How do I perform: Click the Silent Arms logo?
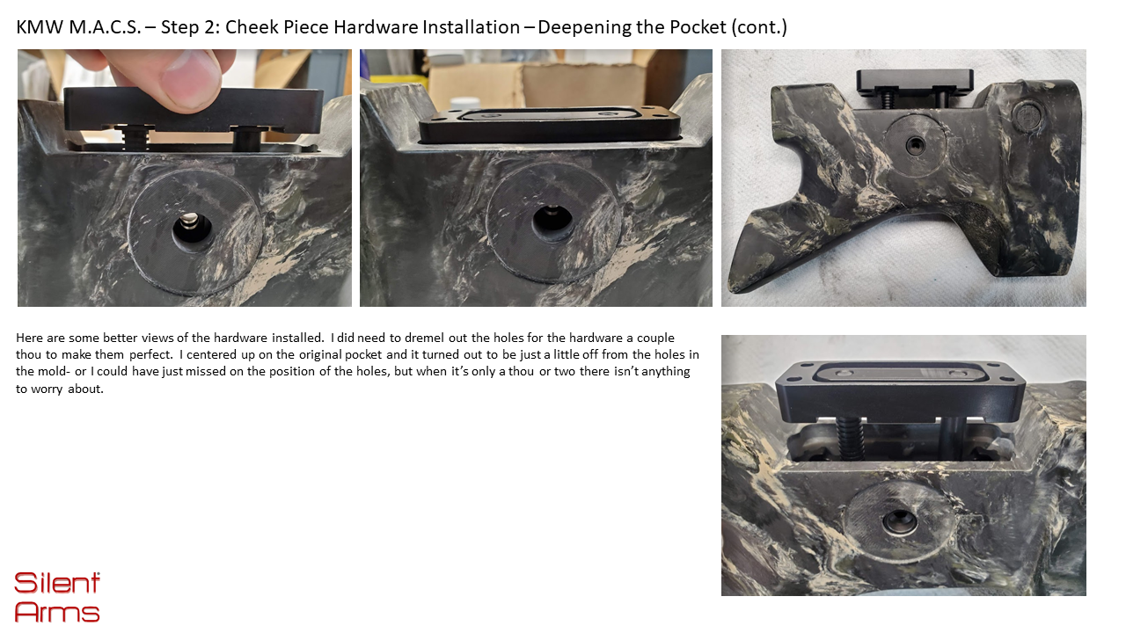coord(57,597)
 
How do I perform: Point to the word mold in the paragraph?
coord(49,371)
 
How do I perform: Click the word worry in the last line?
coord(47,389)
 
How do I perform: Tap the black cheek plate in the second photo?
coord(549,124)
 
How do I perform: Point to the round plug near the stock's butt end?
coord(1027,115)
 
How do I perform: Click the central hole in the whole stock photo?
coord(915,146)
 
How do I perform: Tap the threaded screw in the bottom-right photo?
coord(850,436)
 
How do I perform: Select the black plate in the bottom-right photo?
coord(900,392)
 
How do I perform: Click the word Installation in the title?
coord(471,27)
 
